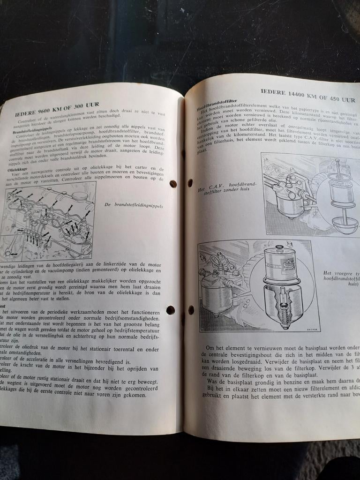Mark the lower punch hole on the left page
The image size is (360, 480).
[x=170, y=310]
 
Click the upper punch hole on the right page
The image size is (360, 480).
[x=190, y=182]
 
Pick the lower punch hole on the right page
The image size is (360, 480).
[x=191, y=309]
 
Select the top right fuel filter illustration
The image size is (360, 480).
[x=311, y=194]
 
